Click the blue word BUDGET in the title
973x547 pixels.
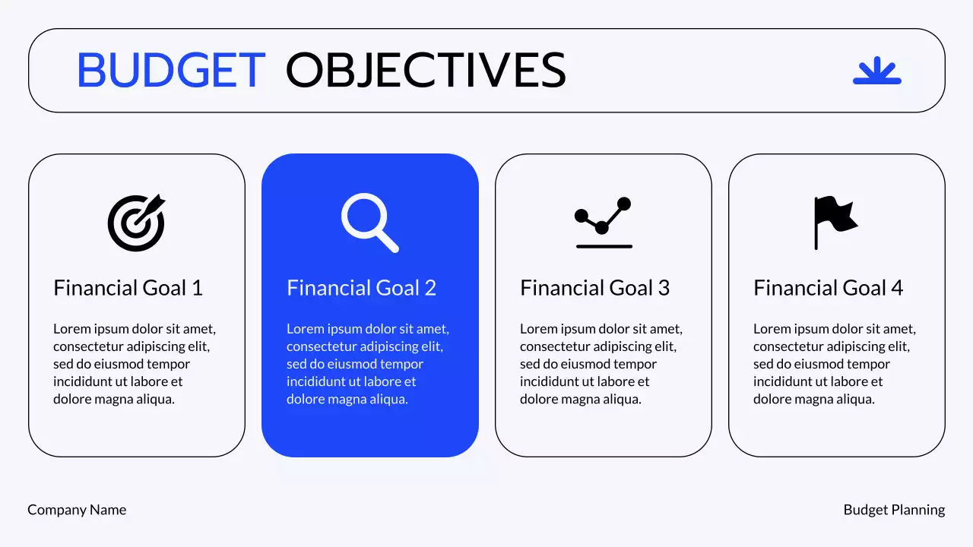point(171,71)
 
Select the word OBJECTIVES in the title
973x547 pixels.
point(426,71)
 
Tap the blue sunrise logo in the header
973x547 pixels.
point(876,71)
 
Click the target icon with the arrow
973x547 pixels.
point(136,223)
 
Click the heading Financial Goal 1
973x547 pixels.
point(128,288)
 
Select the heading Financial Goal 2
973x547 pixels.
point(361,288)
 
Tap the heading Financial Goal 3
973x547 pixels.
point(594,288)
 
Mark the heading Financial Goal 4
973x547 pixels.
point(828,288)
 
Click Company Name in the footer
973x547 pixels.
point(77,510)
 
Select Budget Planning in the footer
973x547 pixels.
point(894,510)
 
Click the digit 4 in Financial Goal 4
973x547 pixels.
point(897,288)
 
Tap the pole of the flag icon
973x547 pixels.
point(816,236)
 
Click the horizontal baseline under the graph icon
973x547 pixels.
point(604,246)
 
